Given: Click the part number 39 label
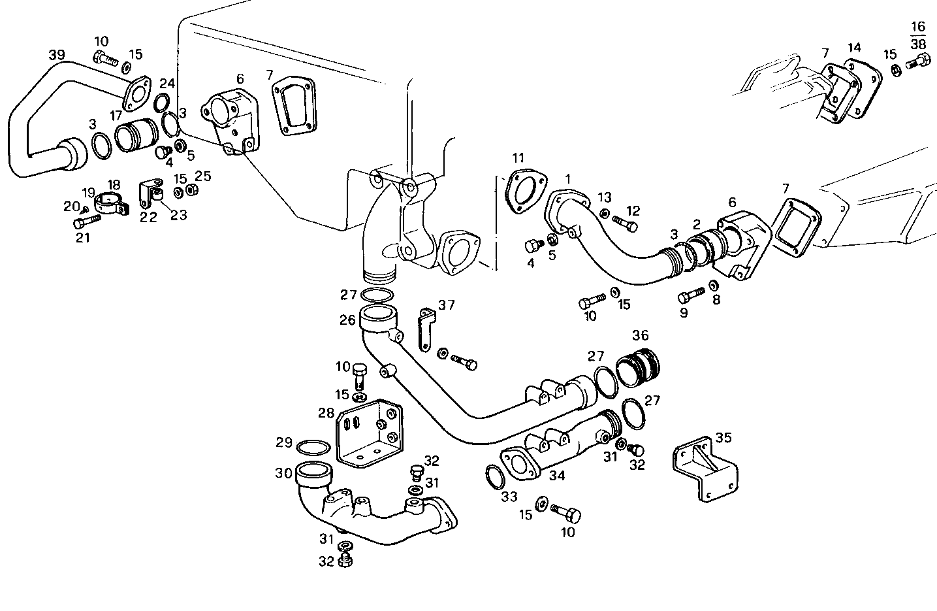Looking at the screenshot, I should click(x=57, y=54).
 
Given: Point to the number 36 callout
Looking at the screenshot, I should click(x=640, y=335).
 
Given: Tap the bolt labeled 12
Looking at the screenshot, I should click(x=625, y=225).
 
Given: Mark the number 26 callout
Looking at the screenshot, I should click(x=347, y=320).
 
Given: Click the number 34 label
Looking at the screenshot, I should click(x=557, y=476).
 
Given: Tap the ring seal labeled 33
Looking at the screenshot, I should click(x=495, y=476).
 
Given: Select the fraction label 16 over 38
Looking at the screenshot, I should click(x=918, y=35).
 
